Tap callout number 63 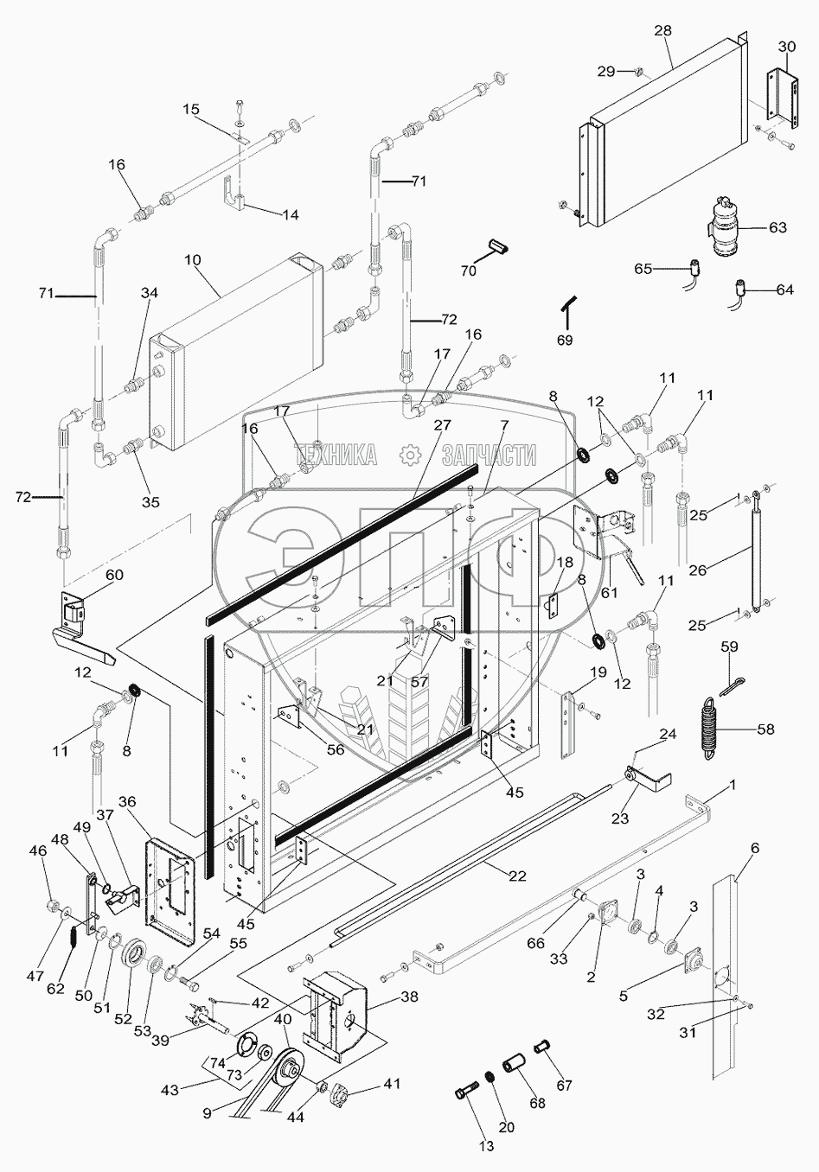click(777, 227)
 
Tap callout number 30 click(786, 47)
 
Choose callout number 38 click(407, 997)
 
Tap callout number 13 click(486, 1146)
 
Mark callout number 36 click(128, 801)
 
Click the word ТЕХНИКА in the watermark click(336, 455)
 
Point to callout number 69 click(564, 340)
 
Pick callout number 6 click(754, 849)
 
